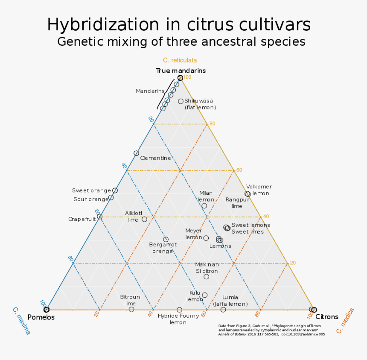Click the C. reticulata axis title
180,60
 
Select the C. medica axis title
345,321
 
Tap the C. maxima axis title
21,321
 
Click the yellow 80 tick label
212,123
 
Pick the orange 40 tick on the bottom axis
150,313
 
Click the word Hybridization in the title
103,24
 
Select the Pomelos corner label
41,317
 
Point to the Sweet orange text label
91,190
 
